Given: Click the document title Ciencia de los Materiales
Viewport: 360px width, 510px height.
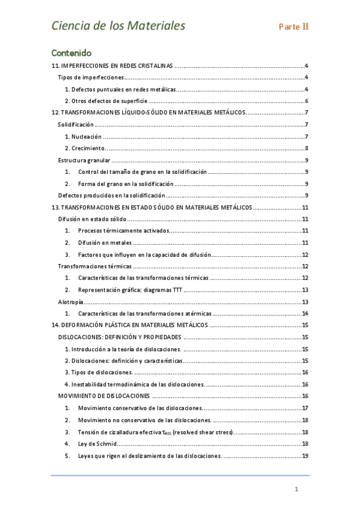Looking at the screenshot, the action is click(x=118, y=26).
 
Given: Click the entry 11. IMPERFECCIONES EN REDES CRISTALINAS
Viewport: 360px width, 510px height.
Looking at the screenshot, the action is click(x=112, y=66).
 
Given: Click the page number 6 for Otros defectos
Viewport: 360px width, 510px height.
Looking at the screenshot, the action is click(x=307, y=101).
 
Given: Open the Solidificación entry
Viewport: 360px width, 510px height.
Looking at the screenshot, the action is click(x=76, y=124).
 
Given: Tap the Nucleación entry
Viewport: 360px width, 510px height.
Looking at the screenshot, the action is click(x=83, y=137).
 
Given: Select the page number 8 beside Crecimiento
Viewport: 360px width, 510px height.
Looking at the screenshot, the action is click(x=307, y=149).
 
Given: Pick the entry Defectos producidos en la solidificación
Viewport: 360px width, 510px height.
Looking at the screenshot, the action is click(x=111, y=195).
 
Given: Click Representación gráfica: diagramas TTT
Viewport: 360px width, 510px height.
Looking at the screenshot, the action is click(x=130, y=290).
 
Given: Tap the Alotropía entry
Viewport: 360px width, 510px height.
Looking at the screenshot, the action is click(x=70, y=302).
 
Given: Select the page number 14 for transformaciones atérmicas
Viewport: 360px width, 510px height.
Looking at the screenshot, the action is click(x=305, y=313).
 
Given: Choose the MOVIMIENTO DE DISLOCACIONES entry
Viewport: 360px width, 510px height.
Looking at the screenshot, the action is click(x=104, y=396).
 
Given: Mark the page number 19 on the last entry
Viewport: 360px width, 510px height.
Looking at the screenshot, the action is click(x=305, y=455).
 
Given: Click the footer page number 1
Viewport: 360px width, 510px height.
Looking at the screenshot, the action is click(x=296, y=490).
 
